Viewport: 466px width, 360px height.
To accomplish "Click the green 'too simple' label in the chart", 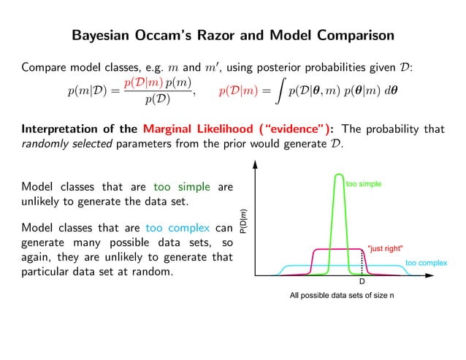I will (x=363, y=185).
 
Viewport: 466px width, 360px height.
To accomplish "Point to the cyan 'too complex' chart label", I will (x=426, y=261).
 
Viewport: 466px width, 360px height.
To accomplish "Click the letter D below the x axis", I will (x=362, y=282).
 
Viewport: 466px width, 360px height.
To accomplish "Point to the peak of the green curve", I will (x=338, y=175).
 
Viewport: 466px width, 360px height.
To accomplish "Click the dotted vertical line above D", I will (x=362, y=262).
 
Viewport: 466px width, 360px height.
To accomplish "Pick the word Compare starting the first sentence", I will (x=44, y=68).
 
